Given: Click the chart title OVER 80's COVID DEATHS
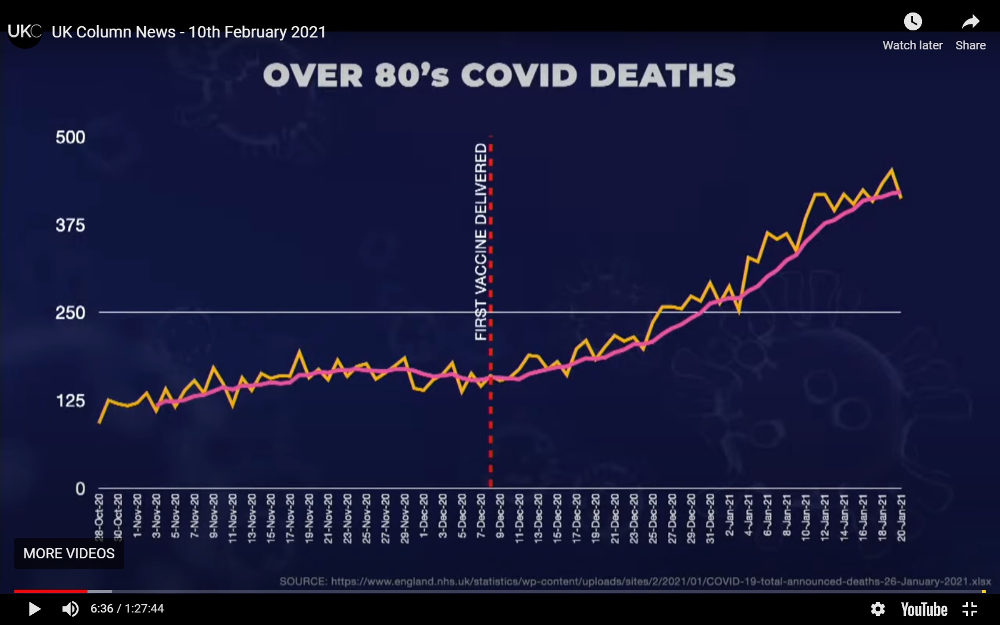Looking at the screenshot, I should pyautogui.click(x=499, y=76).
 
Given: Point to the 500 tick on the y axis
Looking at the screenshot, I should pyautogui.click(x=70, y=137).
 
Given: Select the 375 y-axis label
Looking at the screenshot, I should pyautogui.click(x=70, y=226).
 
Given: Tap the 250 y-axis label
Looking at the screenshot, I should pyautogui.click(x=70, y=313).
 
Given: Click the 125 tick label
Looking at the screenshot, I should pyautogui.click(x=70, y=401).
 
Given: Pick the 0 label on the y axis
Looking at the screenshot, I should pyautogui.click(x=80, y=489).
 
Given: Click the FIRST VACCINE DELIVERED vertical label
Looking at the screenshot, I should pyautogui.click(x=481, y=241).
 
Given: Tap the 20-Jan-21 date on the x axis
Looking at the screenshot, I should pyautogui.click(x=901, y=517).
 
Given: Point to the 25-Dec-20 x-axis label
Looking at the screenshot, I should pyautogui.click(x=652, y=517).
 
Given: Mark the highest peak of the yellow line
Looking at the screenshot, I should pyautogui.click(x=891, y=170).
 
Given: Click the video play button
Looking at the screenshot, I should pyautogui.click(x=35, y=609).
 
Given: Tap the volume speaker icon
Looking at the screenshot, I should pyautogui.click(x=70, y=609).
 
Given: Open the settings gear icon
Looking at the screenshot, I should pyautogui.click(x=877, y=609).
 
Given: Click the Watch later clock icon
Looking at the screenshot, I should pyautogui.click(x=912, y=22).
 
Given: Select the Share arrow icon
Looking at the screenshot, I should pyautogui.click(x=970, y=22).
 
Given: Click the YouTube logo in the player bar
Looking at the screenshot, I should pyautogui.click(x=924, y=609).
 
